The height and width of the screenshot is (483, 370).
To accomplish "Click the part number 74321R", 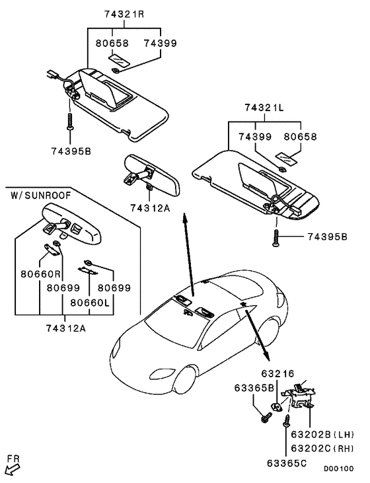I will [124, 15].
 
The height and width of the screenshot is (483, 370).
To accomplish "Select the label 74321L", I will [264, 108].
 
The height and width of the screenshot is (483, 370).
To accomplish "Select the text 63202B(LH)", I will [322, 434].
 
